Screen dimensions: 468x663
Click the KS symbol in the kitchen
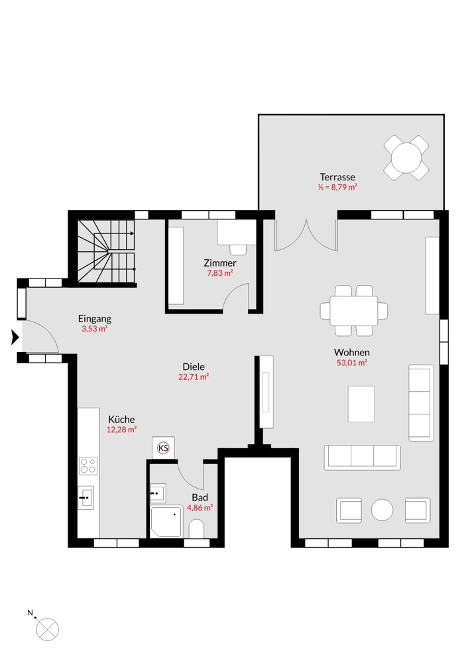tap(163, 448)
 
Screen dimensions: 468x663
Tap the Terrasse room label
tap(337, 177)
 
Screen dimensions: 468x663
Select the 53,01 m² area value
tap(352, 363)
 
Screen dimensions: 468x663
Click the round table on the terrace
tap(406, 158)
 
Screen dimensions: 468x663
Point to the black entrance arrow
tap(15, 337)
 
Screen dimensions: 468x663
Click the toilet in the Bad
tap(196, 528)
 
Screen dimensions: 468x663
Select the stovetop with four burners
tap(88, 466)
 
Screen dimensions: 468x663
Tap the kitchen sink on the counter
tap(86, 498)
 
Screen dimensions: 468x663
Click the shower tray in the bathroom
tap(166, 522)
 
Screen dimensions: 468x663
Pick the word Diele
tap(194, 367)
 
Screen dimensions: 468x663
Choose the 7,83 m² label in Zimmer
tap(220, 273)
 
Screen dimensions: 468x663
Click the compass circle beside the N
tap(47, 630)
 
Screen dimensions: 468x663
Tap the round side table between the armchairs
tap(382, 510)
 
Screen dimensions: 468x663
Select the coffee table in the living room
tap(361, 404)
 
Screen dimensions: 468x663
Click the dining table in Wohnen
tap(354, 311)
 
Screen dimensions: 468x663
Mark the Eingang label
tap(95, 319)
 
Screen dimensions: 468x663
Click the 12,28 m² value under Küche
tap(121, 430)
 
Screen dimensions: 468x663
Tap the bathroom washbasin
tap(158, 493)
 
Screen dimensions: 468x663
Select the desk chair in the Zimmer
tap(239, 249)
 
